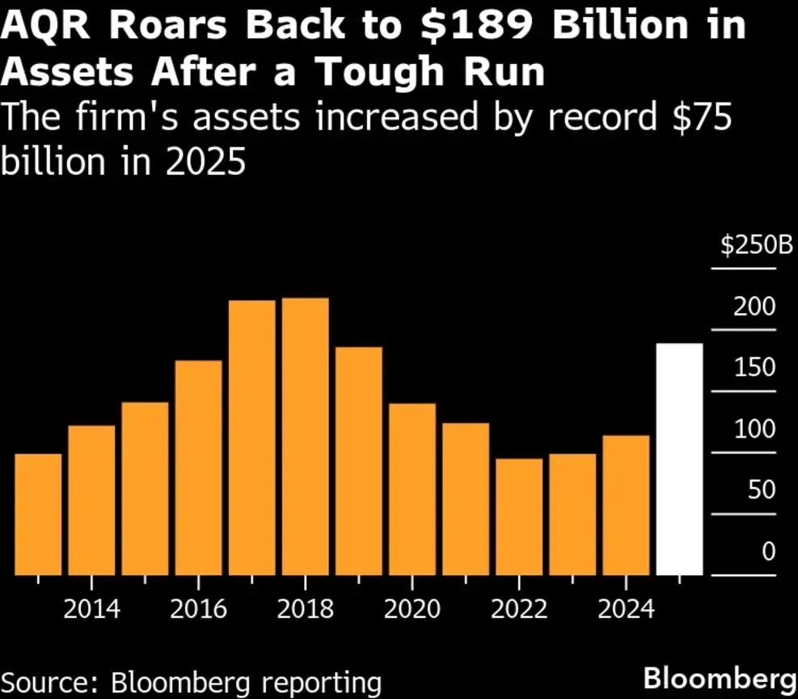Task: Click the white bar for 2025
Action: click(679, 460)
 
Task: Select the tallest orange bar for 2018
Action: click(306, 437)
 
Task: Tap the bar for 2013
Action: click(38, 515)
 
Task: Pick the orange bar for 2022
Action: click(519, 517)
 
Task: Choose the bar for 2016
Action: click(198, 468)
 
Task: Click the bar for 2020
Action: click(412, 489)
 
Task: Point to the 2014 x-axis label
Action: click(92, 608)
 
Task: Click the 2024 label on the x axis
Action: click(626, 608)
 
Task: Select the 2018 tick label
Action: click(306, 608)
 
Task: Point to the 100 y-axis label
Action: click(755, 430)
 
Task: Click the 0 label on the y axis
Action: click(768, 553)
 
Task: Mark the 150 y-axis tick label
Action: click(755, 368)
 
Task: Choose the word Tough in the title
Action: click(382, 73)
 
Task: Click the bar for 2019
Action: click(359, 461)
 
